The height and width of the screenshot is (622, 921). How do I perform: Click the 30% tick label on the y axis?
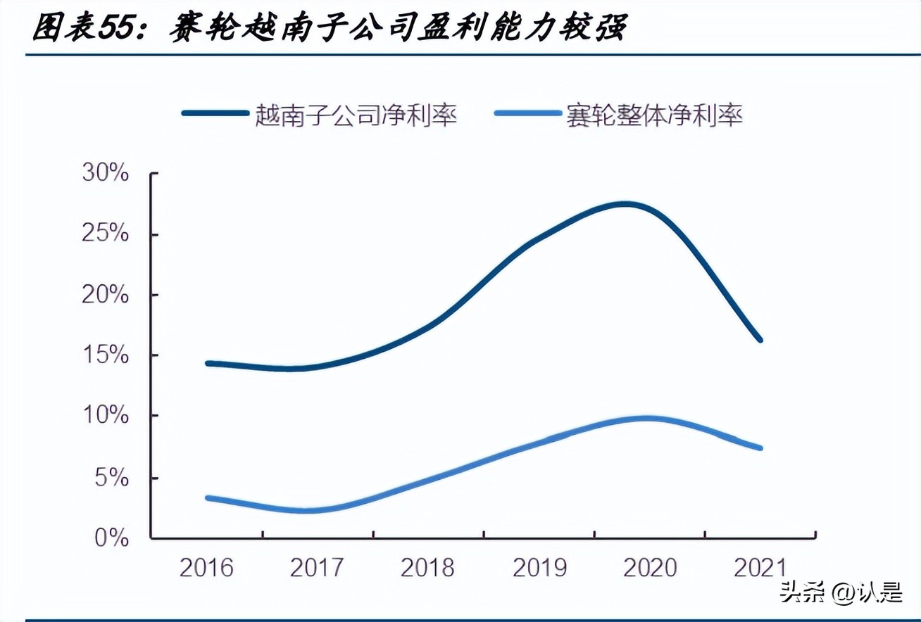[x=106, y=172]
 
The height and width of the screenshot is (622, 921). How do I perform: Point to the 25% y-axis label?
[x=106, y=234]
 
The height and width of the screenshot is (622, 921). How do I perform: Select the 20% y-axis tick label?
[x=106, y=295]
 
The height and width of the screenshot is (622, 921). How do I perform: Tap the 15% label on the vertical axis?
[x=106, y=355]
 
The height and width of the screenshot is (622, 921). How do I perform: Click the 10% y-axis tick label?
[x=106, y=417]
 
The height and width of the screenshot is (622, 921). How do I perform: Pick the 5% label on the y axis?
[x=113, y=478]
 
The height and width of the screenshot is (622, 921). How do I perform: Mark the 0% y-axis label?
[x=113, y=539]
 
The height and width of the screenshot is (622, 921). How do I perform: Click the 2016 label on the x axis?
[x=206, y=567]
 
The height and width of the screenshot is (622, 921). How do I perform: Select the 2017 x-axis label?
[x=317, y=567]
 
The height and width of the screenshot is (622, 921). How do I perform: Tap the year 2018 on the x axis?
[x=427, y=567]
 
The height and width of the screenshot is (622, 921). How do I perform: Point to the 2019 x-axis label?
[x=539, y=567]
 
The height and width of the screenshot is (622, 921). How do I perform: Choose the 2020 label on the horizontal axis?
[x=650, y=567]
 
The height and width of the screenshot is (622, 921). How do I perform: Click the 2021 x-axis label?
[x=760, y=567]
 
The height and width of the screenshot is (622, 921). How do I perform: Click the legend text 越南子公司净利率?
[x=356, y=115]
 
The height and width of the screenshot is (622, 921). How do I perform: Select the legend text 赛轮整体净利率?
[x=654, y=115]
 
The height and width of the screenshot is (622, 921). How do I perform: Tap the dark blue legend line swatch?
[x=215, y=114]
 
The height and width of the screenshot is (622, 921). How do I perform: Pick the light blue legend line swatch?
[x=527, y=114]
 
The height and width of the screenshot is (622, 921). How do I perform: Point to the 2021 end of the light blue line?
[x=760, y=448]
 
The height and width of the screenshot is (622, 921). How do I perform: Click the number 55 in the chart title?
[x=119, y=29]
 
